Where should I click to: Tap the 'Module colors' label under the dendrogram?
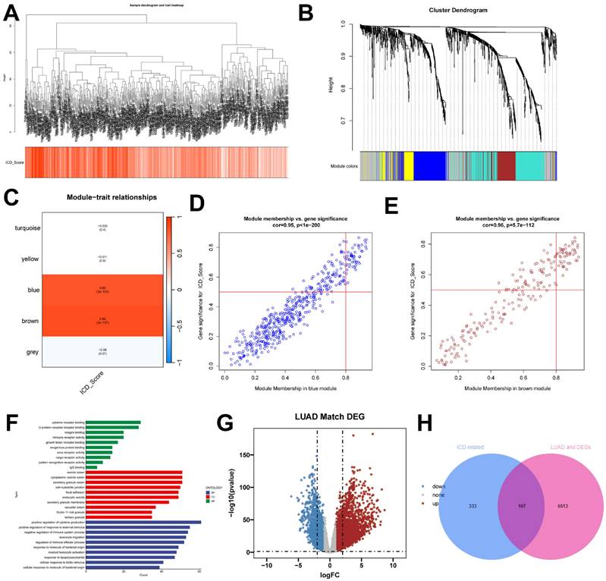pos(344,165)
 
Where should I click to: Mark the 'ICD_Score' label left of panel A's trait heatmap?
pos(15,162)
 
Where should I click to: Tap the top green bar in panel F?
pos(112,422)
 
